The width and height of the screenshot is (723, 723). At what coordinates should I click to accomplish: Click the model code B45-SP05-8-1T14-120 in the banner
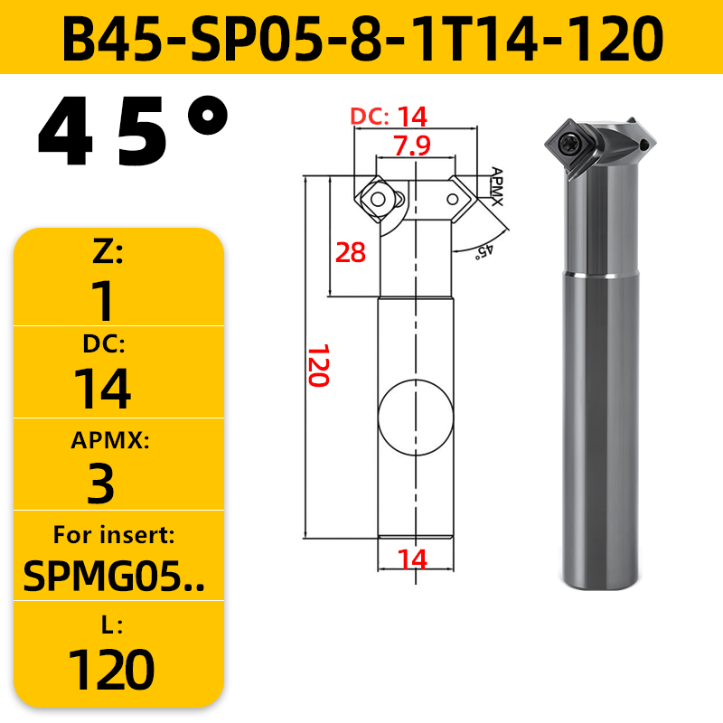[x=362, y=38]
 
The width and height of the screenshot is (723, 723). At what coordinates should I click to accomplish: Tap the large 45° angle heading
[x=133, y=131]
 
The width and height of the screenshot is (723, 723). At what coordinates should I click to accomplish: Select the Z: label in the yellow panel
[x=108, y=253]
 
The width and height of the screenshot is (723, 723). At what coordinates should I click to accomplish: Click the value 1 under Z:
[x=103, y=301]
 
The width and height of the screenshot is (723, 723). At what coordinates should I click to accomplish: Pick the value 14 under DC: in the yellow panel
[x=102, y=389]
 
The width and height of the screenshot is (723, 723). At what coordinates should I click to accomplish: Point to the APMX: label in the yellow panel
[x=110, y=440]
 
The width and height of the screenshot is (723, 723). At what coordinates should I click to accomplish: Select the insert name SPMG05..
[x=114, y=577]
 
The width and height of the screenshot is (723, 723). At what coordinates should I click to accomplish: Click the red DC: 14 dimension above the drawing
[x=389, y=117]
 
